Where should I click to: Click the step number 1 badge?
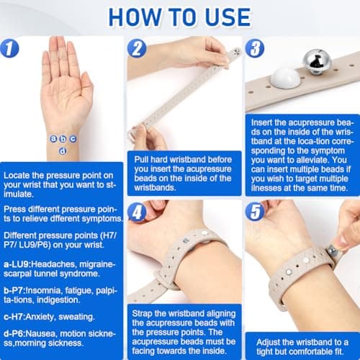[9, 48]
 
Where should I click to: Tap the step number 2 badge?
[137, 48]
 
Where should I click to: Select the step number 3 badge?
[255, 48]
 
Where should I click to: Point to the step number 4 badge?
[137, 212]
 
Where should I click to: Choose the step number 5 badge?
[255, 212]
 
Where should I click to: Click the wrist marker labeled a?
[53, 139]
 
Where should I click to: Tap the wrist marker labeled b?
[63, 139]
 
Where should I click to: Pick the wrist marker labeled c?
[73, 139]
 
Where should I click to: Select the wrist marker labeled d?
[63, 151]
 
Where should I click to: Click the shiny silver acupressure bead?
[315, 60]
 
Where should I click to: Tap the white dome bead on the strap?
[286, 77]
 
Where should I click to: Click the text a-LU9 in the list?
[17, 264]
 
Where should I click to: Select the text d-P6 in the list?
[14, 333]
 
